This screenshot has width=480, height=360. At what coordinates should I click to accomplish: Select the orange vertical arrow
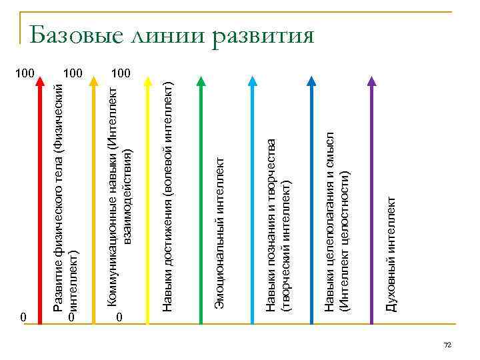(x=94, y=200)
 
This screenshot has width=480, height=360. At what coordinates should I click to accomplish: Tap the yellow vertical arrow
(x=147, y=200)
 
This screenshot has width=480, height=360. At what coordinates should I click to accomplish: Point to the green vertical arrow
(x=200, y=200)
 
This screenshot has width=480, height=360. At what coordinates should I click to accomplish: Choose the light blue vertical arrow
(x=253, y=200)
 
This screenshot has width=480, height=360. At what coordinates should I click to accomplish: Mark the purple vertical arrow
(x=371, y=200)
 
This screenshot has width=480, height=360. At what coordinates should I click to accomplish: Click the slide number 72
(x=447, y=345)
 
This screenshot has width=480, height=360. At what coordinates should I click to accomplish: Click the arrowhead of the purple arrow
(x=371, y=83)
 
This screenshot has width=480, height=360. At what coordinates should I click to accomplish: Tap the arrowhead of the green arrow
(x=200, y=83)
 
